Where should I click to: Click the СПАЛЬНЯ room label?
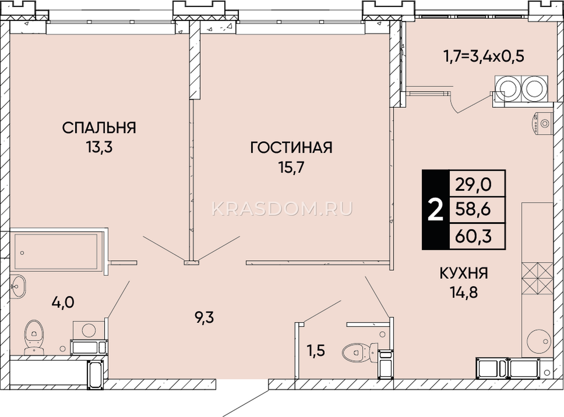tap(99, 127)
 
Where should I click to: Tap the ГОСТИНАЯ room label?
tap(291, 147)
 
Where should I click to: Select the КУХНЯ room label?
tap(464, 273)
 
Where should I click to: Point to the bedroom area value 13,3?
tap(99, 147)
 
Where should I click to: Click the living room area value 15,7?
tap(291, 168)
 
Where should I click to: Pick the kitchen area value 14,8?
tap(464, 292)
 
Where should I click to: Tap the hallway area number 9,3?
tap(204, 318)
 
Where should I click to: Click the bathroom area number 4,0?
tap(63, 303)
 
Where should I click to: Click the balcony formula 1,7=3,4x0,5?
tap(484, 56)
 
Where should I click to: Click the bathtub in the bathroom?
tap(56, 251)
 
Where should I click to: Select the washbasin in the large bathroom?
tap(18, 287)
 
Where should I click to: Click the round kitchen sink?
tap(539, 341)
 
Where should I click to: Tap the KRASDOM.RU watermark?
tap(282, 209)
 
